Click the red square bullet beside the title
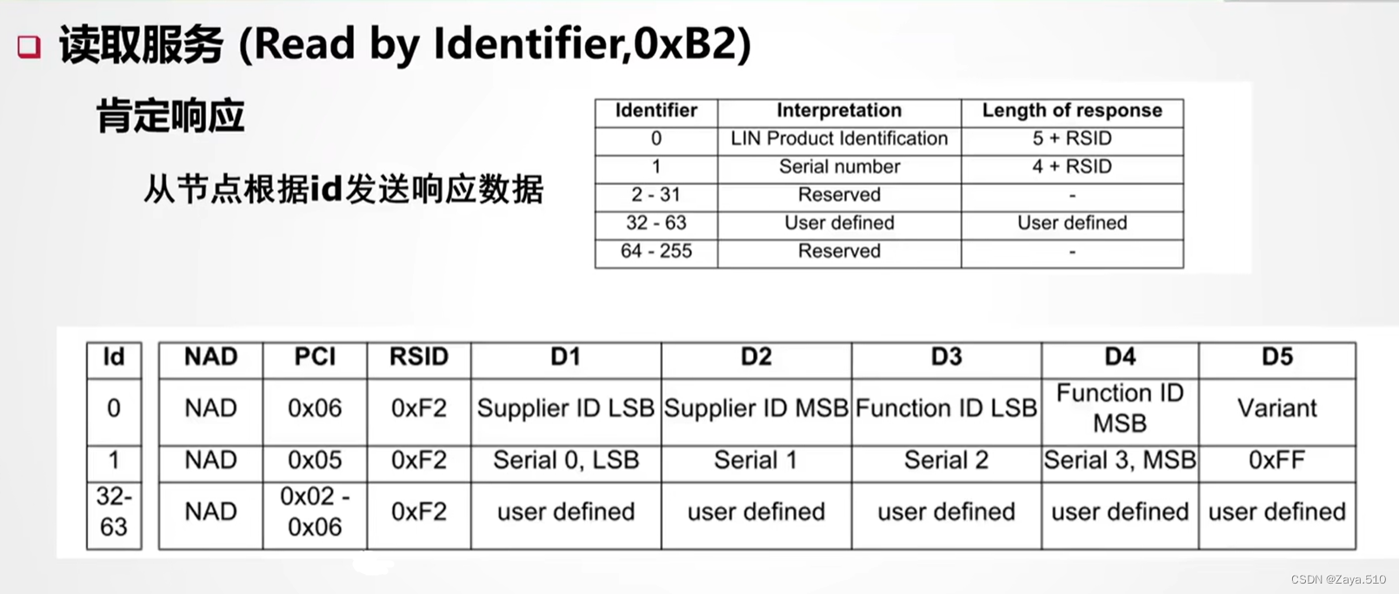(x=30, y=46)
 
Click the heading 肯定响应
(x=170, y=116)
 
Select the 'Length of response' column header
(x=1071, y=110)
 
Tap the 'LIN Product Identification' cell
(x=839, y=138)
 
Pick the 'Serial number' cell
(x=839, y=167)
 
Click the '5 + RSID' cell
(x=1071, y=138)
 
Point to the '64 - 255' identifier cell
(x=656, y=251)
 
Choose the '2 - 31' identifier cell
(x=656, y=195)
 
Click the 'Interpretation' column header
(x=839, y=110)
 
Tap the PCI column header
(x=315, y=357)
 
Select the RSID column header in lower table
(x=418, y=357)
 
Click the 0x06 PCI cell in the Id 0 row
(x=315, y=409)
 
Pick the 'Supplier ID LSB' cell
(x=565, y=409)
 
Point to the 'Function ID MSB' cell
(x=1119, y=409)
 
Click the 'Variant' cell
(x=1276, y=409)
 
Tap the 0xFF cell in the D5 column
(x=1276, y=460)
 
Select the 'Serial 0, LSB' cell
(x=565, y=460)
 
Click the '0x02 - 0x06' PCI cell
(x=315, y=511)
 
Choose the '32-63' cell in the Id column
(x=114, y=511)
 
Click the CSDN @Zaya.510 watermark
(x=1338, y=579)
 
